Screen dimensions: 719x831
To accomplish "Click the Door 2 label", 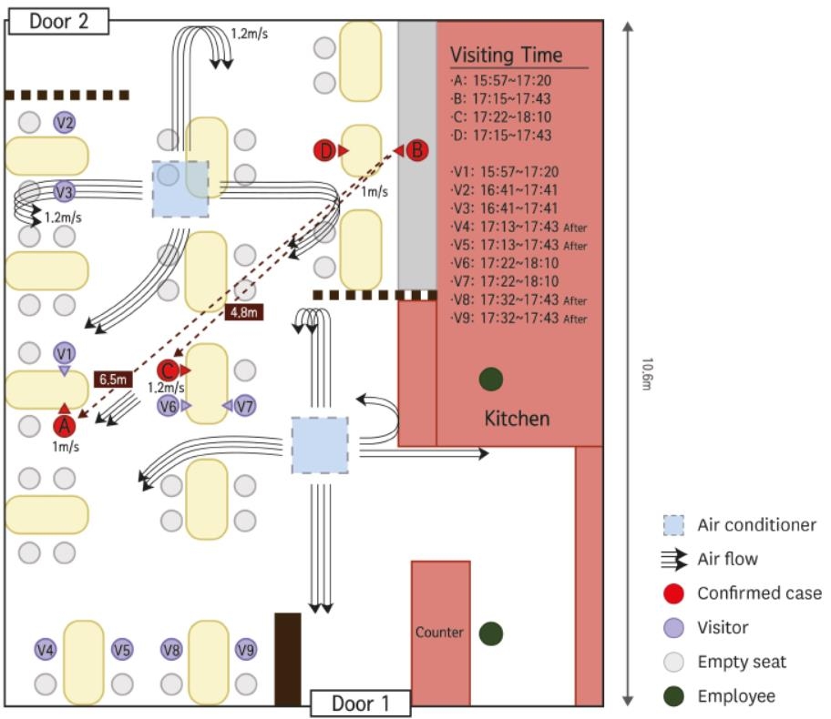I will coord(59,21).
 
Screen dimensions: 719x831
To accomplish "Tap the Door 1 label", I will coord(360,703).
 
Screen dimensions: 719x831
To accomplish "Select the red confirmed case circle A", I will coord(64,424).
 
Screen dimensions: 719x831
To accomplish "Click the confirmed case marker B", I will coord(416,150).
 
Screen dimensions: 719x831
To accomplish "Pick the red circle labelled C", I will coord(167,370).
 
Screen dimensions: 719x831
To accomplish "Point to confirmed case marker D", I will coord(326,150).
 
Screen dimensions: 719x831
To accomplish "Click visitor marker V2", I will coord(64,122).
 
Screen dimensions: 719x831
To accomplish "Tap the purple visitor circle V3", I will coord(64,192).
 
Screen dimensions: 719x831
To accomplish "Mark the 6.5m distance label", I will coord(113,377).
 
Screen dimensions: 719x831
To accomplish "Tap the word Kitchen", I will coord(517,419).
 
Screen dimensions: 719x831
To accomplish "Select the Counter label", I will coord(439,632).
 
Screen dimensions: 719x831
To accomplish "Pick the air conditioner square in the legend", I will coord(673,525).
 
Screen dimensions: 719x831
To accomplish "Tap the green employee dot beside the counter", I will coord(491,633).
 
